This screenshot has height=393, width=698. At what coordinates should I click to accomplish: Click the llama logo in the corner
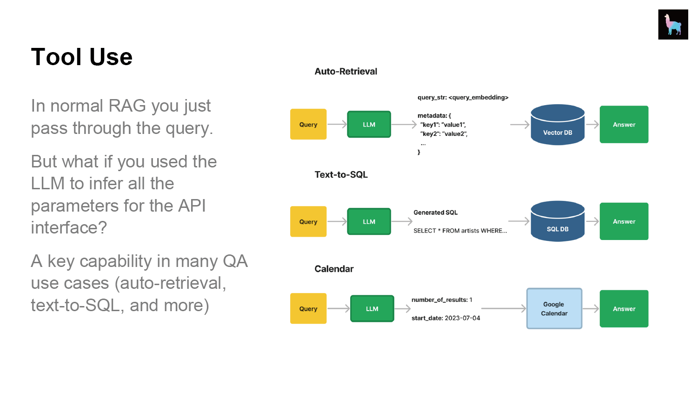pyautogui.click(x=673, y=24)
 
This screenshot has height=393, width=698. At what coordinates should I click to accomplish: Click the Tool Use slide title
pyautogui.click(x=82, y=57)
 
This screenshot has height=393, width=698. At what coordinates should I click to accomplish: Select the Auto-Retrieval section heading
pyautogui.click(x=346, y=71)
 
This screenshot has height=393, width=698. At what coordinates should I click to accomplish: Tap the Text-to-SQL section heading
pyautogui.click(x=341, y=174)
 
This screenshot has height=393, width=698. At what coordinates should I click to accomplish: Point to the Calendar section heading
pyautogui.click(x=334, y=269)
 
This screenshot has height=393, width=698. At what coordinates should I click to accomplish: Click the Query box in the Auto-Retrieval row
pyautogui.click(x=308, y=124)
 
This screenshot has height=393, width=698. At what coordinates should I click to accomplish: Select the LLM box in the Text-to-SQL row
pyautogui.click(x=369, y=221)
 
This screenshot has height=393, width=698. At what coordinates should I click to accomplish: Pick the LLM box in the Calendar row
pyautogui.click(x=372, y=308)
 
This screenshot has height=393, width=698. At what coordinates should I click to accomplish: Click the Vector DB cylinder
pyautogui.click(x=558, y=125)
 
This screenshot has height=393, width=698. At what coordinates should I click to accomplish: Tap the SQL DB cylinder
pyautogui.click(x=558, y=221)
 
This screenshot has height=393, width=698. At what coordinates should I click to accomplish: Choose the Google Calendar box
pyautogui.click(x=554, y=308)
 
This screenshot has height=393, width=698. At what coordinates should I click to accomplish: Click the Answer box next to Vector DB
pyautogui.click(x=624, y=124)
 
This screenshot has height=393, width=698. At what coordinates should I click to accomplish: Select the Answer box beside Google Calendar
pyautogui.click(x=624, y=308)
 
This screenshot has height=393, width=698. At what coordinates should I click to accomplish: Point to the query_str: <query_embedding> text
pyautogui.click(x=463, y=98)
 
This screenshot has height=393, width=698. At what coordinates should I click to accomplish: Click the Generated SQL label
pyautogui.click(x=435, y=213)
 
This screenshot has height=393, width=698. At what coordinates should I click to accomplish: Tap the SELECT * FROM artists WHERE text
pyautogui.click(x=460, y=231)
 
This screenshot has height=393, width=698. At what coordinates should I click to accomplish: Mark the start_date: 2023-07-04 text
pyautogui.click(x=445, y=318)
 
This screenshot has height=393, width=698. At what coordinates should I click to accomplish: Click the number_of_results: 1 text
pyautogui.click(x=442, y=300)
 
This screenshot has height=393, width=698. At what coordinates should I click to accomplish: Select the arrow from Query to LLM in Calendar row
pyautogui.click(x=339, y=308)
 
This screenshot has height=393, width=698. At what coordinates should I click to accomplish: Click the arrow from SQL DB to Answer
pyautogui.click(x=592, y=221)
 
